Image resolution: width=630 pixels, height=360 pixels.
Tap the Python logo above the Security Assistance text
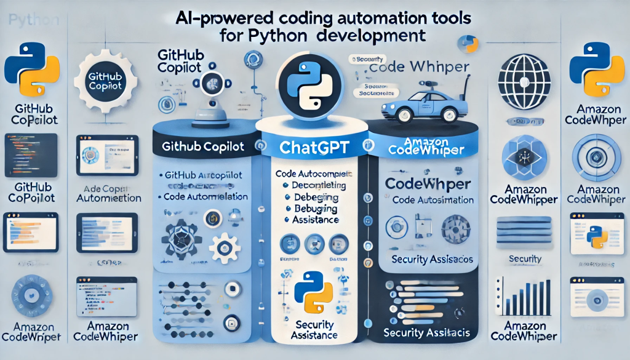click(x=314, y=295)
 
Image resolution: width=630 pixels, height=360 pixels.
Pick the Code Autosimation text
click(x=433, y=199)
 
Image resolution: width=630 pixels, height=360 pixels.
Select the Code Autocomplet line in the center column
click(x=315, y=174)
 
